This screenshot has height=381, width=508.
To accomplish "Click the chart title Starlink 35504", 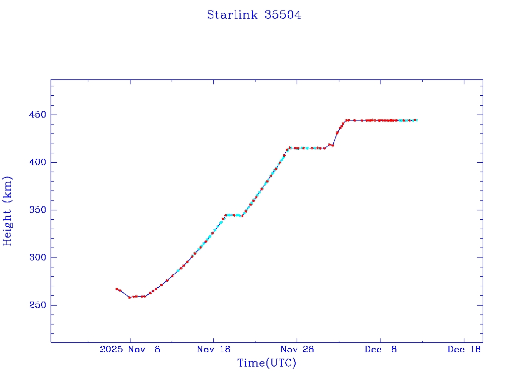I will coord(254,15).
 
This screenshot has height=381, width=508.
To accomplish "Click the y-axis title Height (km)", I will coord(7,211).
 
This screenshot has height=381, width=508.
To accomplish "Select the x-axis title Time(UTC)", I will coord(266,363).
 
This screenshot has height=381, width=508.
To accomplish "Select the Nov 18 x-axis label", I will coord(213,349).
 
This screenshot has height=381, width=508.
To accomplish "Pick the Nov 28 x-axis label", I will coord(297,349).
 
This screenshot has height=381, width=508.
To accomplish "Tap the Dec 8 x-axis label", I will coord(381,349).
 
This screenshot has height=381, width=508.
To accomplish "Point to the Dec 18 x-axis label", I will coord(464,349).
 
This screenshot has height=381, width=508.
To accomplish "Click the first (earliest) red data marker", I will coord(117,289).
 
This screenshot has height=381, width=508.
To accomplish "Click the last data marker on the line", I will coord(416,120).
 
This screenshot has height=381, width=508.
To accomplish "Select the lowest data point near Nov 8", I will coord(129,297).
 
